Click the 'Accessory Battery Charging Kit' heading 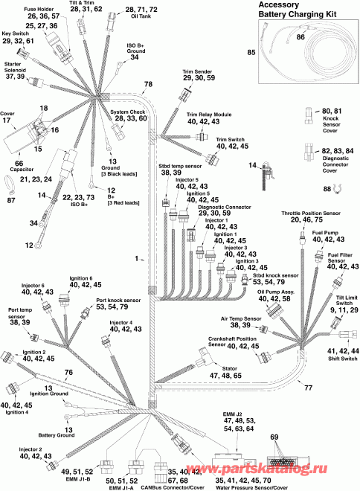click(x=297, y=10)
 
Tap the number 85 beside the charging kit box click(x=251, y=52)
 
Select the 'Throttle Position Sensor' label click(x=311, y=214)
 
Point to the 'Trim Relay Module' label click(x=209, y=115)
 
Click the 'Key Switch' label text click(x=16, y=33)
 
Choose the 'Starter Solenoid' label click(x=15, y=67)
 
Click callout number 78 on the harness click(x=148, y=84)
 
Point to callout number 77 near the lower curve click(x=309, y=388)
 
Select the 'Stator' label click(x=229, y=368)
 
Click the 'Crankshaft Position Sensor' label click(x=232, y=341)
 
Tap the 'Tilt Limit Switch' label click(x=347, y=301)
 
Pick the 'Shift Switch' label click(x=342, y=359)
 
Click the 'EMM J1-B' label click(x=74, y=479)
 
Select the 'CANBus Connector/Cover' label click(x=172, y=487)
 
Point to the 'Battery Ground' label click(x=57, y=435)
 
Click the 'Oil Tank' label click(x=141, y=16)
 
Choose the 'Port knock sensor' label click(x=118, y=301)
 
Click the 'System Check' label click(x=128, y=112)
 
